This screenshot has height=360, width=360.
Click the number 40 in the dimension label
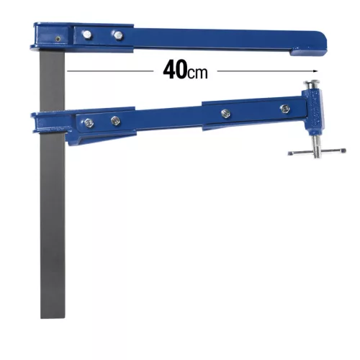(x=175, y=70)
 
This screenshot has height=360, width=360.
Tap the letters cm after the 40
(x=198, y=73)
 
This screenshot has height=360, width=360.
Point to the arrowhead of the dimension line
(x=315, y=71)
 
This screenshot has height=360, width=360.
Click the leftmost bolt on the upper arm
(x=86, y=35)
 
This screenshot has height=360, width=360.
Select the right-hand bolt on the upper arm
(x=118, y=35)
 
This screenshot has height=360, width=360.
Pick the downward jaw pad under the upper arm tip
(x=308, y=51)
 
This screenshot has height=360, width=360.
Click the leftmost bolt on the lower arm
(x=89, y=122)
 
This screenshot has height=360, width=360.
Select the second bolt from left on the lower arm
(x=115, y=120)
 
